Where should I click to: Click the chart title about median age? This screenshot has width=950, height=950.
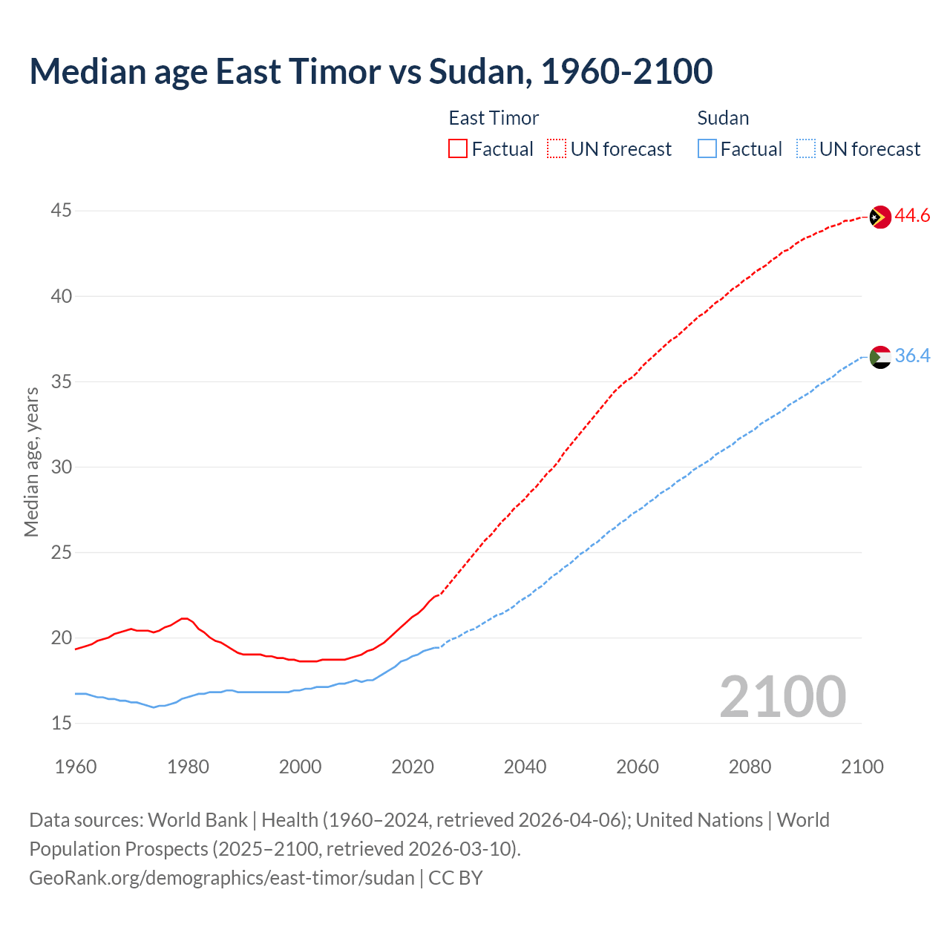(x=370, y=71)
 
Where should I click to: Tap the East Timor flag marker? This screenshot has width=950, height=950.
(x=879, y=217)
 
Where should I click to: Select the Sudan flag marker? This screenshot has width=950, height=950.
(x=879, y=357)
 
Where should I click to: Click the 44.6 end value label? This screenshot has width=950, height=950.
(x=912, y=216)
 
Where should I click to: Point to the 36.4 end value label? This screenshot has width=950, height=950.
(x=912, y=356)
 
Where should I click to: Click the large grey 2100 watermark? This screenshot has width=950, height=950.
(x=782, y=696)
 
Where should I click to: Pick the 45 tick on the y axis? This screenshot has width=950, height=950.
(x=61, y=211)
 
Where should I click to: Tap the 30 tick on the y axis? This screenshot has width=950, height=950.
(x=61, y=467)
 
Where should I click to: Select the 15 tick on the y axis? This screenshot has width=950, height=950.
(x=61, y=723)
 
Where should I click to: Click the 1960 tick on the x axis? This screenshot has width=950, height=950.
(x=76, y=767)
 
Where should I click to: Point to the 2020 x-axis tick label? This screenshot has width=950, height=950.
(x=413, y=767)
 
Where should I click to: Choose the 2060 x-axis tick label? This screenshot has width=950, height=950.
(x=638, y=767)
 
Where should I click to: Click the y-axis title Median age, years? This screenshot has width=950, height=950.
(x=31, y=462)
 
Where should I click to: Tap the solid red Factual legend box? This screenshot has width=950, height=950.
(x=458, y=149)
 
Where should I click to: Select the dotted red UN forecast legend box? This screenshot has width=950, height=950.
(x=557, y=149)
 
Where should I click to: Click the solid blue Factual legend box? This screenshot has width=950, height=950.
(x=707, y=149)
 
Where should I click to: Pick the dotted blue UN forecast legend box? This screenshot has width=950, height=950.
(x=805, y=149)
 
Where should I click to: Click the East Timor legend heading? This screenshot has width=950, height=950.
(x=494, y=118)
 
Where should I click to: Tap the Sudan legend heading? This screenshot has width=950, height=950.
(x=723, y=118)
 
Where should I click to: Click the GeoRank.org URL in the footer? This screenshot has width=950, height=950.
(x=221, y=878)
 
